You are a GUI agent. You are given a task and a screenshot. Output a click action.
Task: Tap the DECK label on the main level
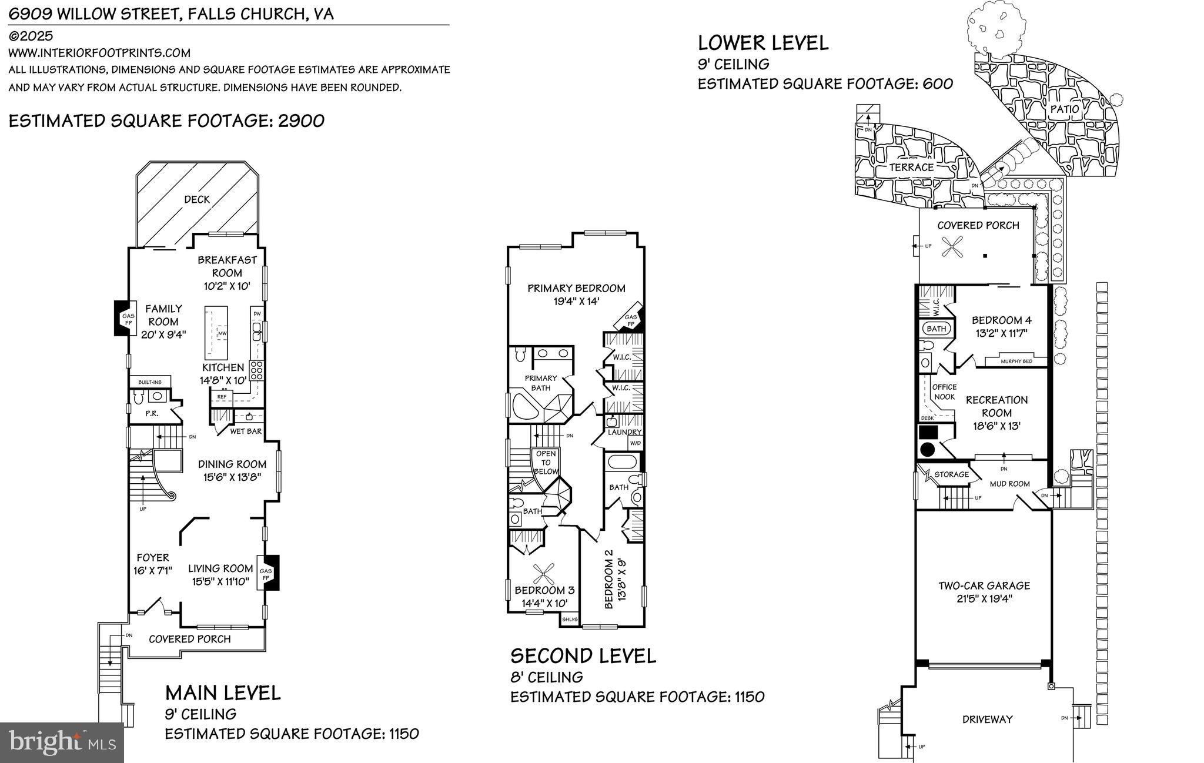(197, 200)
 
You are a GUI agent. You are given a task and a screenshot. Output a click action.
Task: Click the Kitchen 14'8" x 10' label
(223, 374)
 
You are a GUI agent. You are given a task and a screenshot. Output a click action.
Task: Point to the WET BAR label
(246, 431)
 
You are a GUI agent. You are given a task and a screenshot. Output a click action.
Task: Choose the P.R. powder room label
(152, 414)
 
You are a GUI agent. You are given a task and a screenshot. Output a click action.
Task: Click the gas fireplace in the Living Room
(267, 574)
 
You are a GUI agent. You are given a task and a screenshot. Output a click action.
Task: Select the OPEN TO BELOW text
(546, 462)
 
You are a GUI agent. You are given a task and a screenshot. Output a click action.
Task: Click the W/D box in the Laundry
(636, 443)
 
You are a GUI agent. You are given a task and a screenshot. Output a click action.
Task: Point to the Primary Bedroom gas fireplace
(631, 320)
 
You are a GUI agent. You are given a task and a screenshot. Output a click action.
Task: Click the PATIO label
(1065, 109)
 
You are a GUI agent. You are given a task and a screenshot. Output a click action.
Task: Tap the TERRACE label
(911, 167)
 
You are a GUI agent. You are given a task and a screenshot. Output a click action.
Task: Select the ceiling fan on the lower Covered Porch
(952, 246)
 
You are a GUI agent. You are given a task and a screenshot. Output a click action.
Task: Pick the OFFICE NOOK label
(944, 391)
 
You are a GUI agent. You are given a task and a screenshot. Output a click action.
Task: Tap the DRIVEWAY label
(987, 719)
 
